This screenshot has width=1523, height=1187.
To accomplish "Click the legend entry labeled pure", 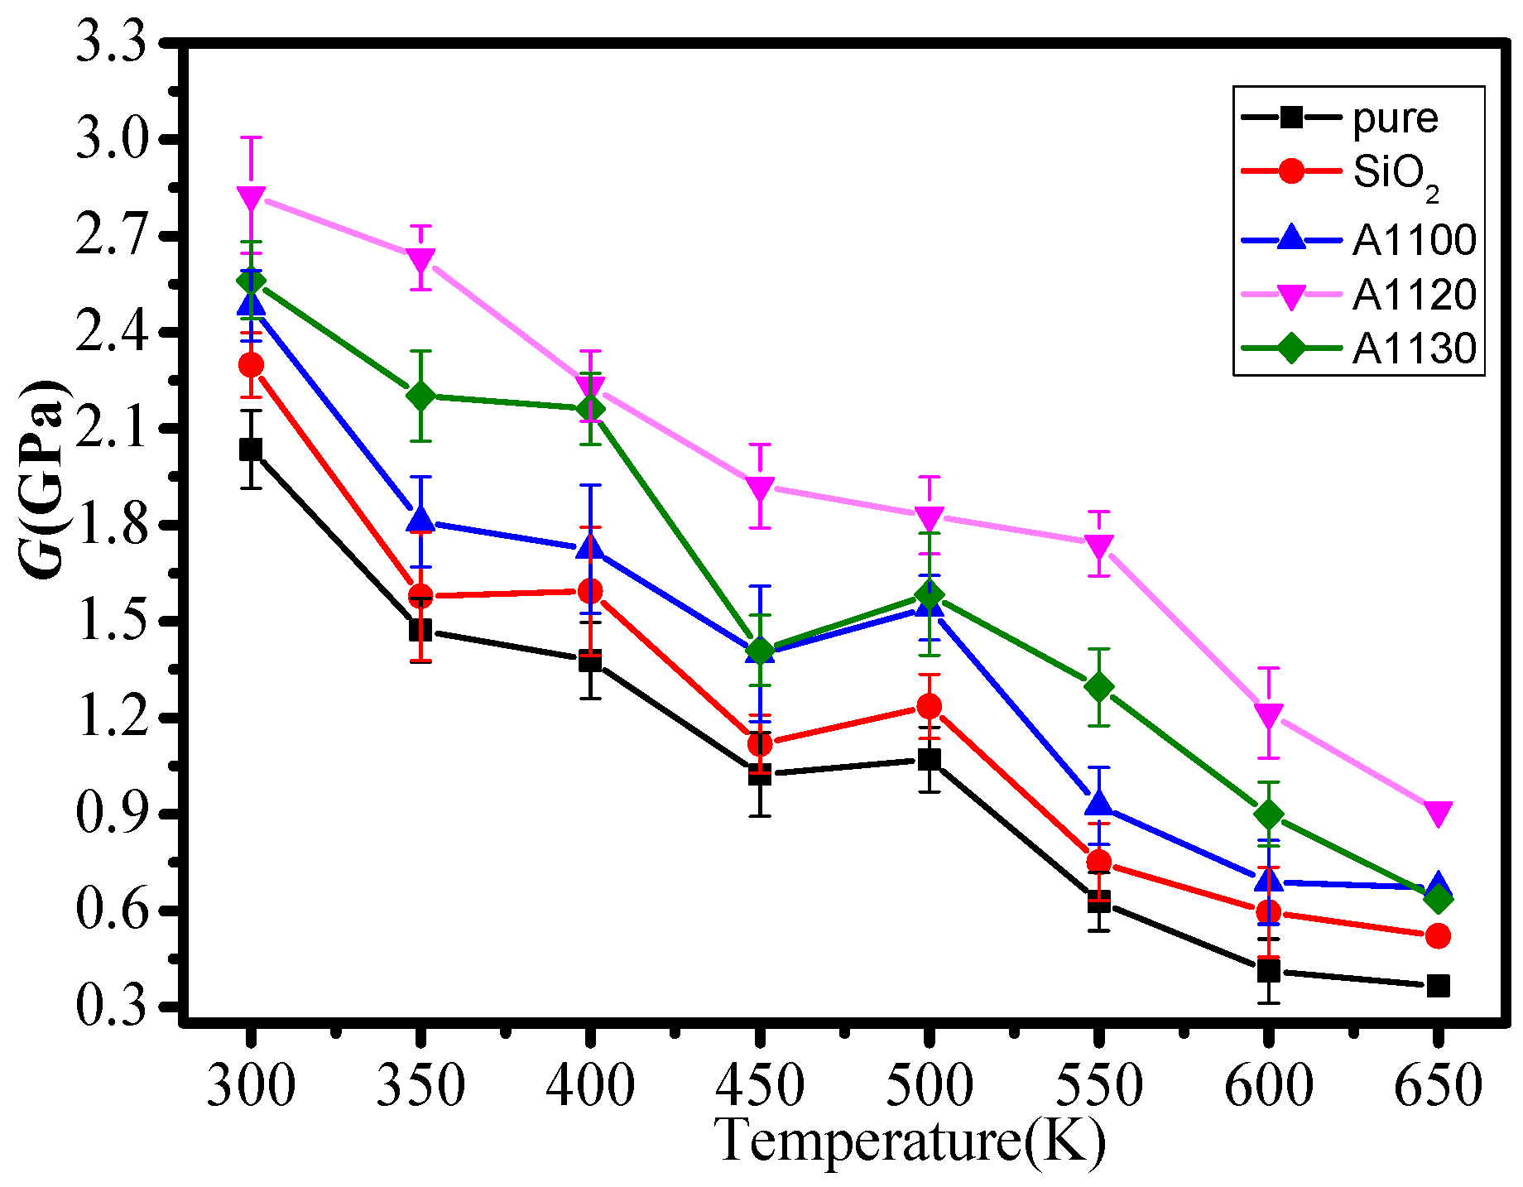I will coord(1396,118).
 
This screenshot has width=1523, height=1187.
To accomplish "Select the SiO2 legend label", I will coord(1396,174).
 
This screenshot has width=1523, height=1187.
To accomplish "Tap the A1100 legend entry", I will coord(1414,240).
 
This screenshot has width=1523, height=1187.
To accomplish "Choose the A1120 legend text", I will coord(1414,295).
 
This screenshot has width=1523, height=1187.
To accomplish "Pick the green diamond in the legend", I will coord(1291,348).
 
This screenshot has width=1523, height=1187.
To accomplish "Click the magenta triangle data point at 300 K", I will coord(251,198).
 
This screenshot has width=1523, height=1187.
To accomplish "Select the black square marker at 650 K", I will coord(1438,986).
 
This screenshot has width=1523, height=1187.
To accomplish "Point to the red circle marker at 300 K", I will coord(251,365).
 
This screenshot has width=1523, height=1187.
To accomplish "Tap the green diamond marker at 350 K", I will coord(420,396).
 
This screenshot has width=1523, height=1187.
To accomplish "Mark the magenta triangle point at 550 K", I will coord(1098,545).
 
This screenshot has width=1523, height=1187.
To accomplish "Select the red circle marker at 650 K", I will coord(1438,936).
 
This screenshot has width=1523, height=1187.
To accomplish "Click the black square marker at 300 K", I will coord(251,449).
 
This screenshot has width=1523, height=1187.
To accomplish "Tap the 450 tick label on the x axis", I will coord(759,1085).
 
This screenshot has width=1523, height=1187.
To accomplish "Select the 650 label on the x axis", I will coord(1438,1085).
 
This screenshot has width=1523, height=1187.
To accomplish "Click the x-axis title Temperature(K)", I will coord(910,1141).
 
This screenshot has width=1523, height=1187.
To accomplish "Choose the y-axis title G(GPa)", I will coord(43,480).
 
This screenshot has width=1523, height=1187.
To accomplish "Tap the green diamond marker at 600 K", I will coord(1268,815).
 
